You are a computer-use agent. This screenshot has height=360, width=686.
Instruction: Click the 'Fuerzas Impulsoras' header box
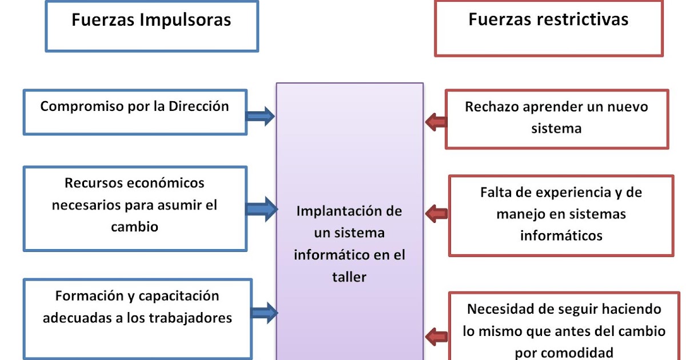coord(151,26)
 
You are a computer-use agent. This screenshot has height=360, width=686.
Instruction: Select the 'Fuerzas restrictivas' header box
coord(548,27)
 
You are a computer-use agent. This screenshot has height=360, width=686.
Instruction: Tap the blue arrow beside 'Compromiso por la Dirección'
coord(261,117)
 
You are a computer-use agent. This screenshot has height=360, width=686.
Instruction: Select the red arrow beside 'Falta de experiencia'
coord(437,214)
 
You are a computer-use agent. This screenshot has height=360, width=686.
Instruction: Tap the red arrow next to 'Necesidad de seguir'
coord(437,335)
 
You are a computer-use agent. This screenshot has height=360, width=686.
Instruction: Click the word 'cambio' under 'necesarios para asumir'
coord(134,226)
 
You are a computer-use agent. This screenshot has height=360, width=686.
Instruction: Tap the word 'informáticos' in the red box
coord(561,235)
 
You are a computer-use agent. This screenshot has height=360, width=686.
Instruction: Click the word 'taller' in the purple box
coord(349,277)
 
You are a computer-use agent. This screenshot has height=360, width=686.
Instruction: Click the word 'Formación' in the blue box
coord(83,296)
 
